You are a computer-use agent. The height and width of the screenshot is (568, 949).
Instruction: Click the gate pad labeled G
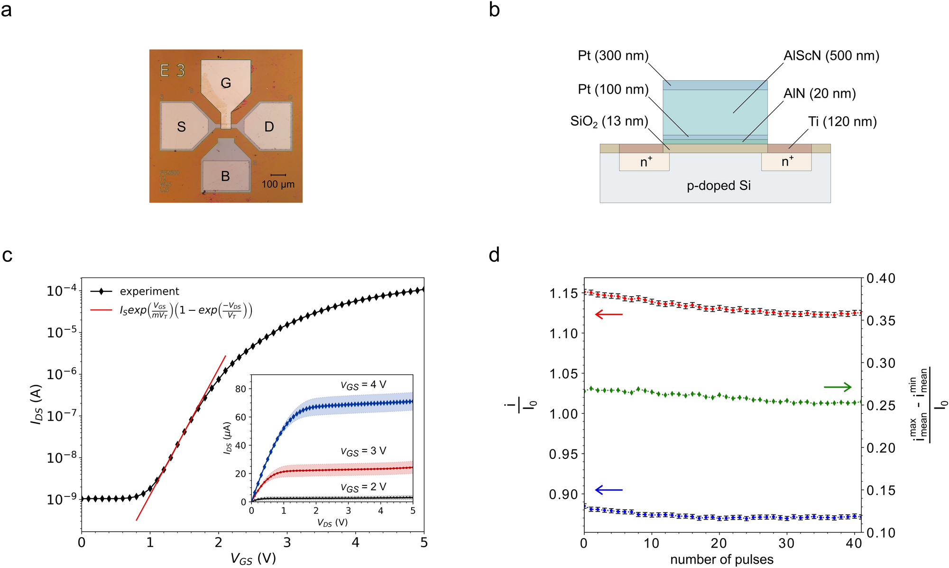coord(226,83)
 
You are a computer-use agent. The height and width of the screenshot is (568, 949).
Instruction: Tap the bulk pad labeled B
coord(226,176)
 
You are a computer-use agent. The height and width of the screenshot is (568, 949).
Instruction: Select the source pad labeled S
coord(181,127)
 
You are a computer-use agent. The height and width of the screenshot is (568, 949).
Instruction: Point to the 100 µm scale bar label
coord(278,184)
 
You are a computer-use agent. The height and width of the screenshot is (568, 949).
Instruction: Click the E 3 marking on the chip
coord(173,71)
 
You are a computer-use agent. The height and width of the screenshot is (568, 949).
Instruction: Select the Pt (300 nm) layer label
coord(613,56)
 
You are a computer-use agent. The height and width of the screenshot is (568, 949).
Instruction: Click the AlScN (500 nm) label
coord(831,56)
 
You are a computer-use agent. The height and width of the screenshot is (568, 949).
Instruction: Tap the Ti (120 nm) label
coord(842,122)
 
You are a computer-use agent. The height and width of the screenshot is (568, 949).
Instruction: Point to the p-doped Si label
coord(719,186)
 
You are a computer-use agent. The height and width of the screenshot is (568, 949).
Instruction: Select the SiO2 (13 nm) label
coord(609,121)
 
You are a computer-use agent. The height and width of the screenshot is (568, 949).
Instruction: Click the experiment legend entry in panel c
coord(149,291)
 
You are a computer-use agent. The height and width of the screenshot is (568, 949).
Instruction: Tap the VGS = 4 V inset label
coord(363,385)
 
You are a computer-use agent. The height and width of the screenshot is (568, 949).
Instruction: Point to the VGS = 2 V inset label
coord(363,487)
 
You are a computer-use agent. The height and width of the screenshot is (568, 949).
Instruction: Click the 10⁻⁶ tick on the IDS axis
coord(59,374)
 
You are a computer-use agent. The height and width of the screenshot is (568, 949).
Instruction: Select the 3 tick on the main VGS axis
coord(287,542)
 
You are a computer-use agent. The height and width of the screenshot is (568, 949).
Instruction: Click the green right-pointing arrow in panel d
coord(838,388)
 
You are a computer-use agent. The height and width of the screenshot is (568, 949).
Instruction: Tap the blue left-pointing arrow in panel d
coord(608,490)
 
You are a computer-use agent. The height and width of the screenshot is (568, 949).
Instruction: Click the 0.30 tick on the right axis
coord(881,363)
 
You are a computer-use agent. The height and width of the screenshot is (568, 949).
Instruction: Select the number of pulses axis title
coord(722,559)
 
